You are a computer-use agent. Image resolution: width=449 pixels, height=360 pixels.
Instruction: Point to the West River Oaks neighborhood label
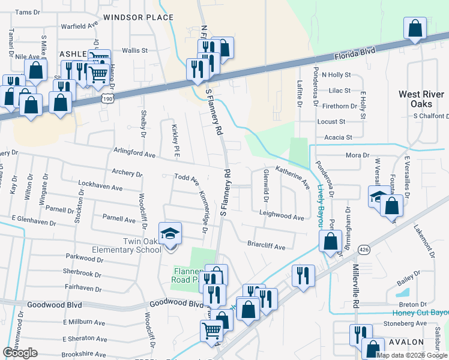(421, 99)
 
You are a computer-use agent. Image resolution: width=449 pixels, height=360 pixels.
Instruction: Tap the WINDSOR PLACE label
(138, 17)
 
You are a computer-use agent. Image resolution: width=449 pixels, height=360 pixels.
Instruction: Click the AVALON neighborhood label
(406, 342)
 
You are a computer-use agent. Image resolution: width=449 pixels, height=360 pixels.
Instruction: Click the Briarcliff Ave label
(266, 245)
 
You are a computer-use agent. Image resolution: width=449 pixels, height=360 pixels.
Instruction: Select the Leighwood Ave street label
(282, 215)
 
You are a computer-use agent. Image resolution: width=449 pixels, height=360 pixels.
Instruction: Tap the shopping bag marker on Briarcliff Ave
(330, 242)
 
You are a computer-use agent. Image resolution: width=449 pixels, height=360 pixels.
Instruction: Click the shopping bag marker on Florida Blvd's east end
(415, 28)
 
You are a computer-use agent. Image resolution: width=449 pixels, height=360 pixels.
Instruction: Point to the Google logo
(20, 353)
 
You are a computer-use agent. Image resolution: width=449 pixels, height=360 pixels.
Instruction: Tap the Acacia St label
(338, 137)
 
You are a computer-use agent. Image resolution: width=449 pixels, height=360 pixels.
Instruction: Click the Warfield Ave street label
(79, 26)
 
